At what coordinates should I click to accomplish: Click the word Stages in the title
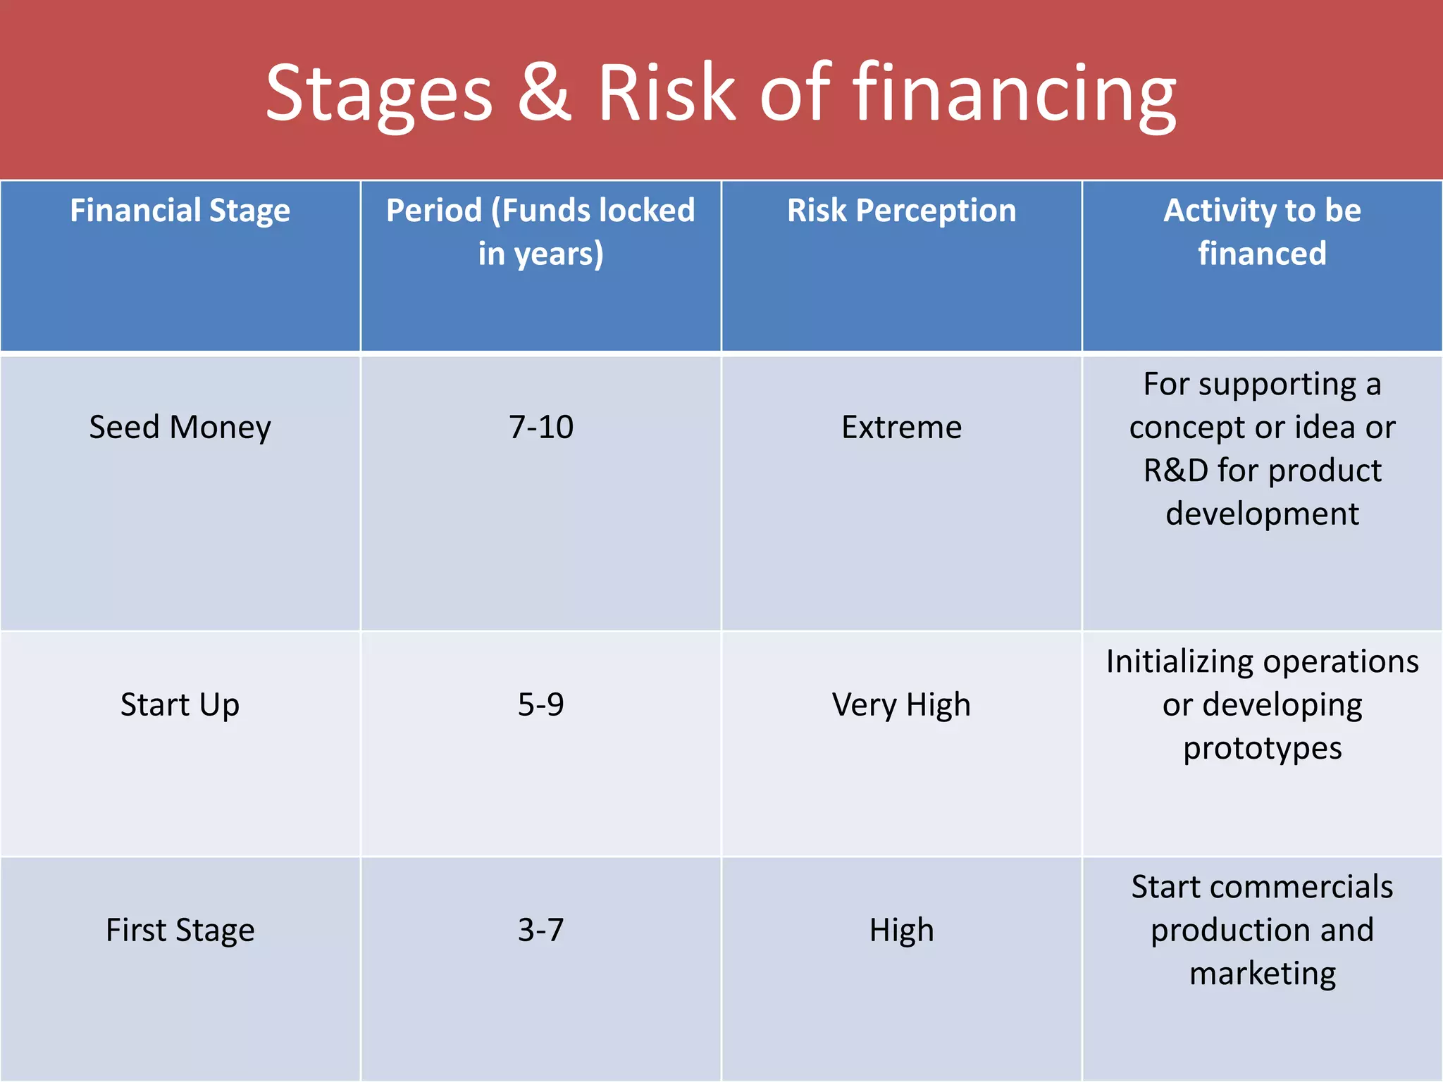point(378,95)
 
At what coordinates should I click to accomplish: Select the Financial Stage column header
point(180,211)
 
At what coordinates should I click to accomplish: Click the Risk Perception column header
point(901,211)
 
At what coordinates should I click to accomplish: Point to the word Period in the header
point(434,211)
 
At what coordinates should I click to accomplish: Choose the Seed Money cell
point(180,428)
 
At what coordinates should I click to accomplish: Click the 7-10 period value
point(540,428)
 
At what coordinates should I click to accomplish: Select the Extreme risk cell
point(901,428)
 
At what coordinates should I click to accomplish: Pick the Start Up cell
point(180,705)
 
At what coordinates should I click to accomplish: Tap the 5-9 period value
point(540,705)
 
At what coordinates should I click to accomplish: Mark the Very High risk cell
point(901,705)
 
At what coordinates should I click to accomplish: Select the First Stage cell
point(180,931)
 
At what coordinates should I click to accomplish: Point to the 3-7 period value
point(540,931)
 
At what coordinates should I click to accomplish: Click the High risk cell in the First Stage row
point(901,931)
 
